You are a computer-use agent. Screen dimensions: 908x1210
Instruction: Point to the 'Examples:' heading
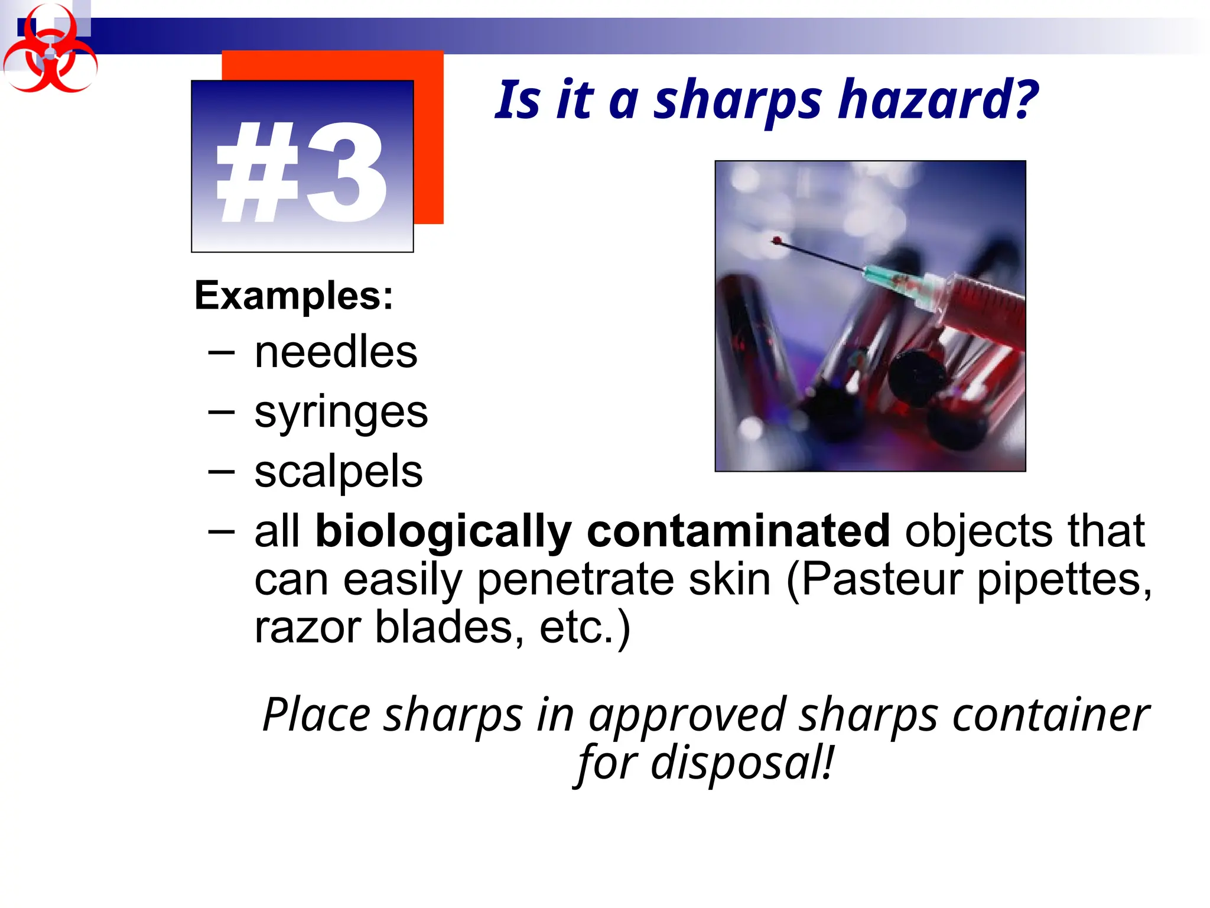click(x=294, y=296)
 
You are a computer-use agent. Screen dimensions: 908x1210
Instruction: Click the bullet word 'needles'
click(x=336, y=352)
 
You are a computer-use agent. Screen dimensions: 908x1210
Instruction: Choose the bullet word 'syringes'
click(x=341, y=412)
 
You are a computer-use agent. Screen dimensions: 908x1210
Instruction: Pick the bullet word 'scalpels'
click(x=339, y=472)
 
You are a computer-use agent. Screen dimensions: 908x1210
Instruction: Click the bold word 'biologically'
click(x=443, y=531)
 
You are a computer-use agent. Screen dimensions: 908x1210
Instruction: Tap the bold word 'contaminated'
click(x=739, y=530)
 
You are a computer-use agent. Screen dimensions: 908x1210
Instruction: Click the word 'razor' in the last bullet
click(x=307, y=628)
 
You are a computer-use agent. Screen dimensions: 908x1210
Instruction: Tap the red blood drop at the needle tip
click(x=777, y=241)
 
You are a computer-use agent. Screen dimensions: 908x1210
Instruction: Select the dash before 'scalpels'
click(x=221, y=471)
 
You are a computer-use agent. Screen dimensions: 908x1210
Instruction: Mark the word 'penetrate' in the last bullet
click(x=575, y=580)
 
